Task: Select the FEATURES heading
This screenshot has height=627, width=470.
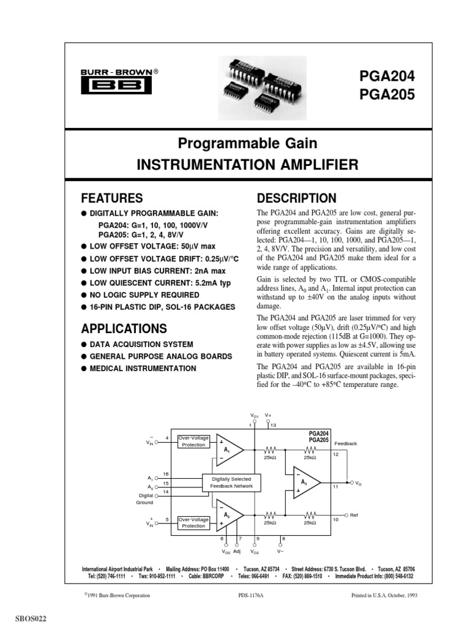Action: click(x=113, y=198)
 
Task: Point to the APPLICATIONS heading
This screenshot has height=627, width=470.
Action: click(x=124, y=328)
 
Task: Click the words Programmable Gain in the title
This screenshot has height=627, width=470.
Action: click(x=247, y=144)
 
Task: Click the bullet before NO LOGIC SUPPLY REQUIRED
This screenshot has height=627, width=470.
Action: click(x=85, y=294)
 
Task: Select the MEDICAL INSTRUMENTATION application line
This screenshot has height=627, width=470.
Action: click(x=144, y=369)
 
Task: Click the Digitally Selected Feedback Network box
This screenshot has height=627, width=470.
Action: click(x=231, y=482)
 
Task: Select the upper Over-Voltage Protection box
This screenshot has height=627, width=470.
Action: click(x=194, y=441)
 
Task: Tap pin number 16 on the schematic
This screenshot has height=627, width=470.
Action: click(x=166, y=473)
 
